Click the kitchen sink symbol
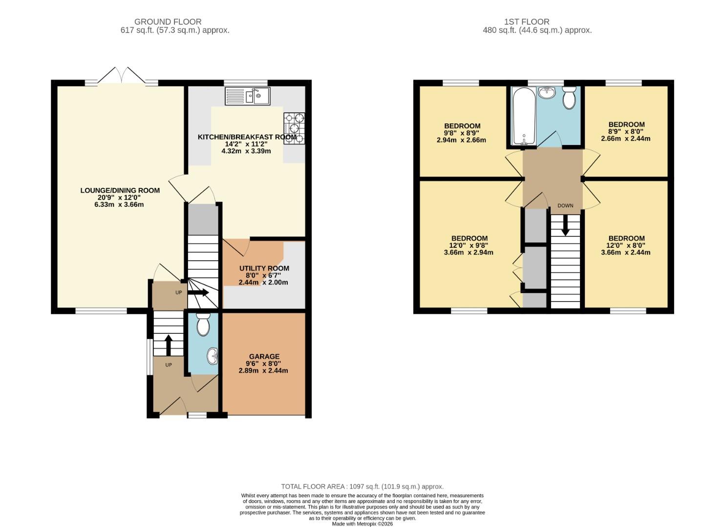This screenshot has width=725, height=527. (x=247, y=96)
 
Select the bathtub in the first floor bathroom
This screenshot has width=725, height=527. (x=523, y=116)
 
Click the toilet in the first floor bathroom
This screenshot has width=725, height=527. (x=569, y=98)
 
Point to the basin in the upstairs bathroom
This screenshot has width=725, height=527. (x=547, y=92)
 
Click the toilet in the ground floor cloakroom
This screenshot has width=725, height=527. (x=203, y=323)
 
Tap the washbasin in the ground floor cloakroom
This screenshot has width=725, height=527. (x=213, y=356)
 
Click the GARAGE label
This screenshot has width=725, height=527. (x=264, y=357)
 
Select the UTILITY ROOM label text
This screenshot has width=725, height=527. (x=264, y=268)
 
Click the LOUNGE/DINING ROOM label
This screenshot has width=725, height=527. (x=120, y=190)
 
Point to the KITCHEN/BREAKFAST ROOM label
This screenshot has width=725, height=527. (x=247, y=137)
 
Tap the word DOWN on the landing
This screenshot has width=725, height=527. (x=565, y=205)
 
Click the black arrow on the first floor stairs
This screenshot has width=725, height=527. (x=565, y=225)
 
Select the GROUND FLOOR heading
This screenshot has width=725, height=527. (x=168, y=21)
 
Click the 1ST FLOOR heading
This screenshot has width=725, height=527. (x=527, y=21)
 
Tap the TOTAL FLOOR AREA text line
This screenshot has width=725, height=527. (x=362, y=486)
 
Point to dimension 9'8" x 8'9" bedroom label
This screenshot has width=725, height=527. (x=461, y=133)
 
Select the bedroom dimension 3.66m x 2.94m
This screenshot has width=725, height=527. (x=468, y=252)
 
